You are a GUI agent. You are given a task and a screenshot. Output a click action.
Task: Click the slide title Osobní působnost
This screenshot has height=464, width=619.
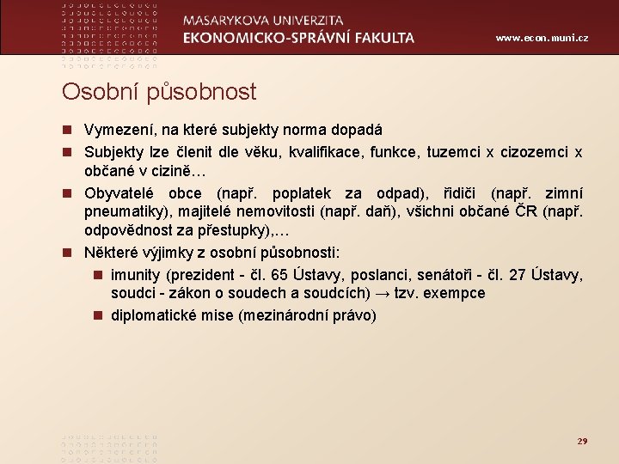coord(159,91)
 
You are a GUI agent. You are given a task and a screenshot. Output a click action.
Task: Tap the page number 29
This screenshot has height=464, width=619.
coord(582,441)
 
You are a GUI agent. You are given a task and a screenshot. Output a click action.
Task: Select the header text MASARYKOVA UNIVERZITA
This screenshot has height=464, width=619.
coord(263,20)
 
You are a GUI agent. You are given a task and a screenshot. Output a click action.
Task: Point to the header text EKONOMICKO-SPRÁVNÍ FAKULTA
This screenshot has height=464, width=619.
coord(298,38)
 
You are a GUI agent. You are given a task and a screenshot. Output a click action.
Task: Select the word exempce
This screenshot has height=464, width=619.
coord(454,294)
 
